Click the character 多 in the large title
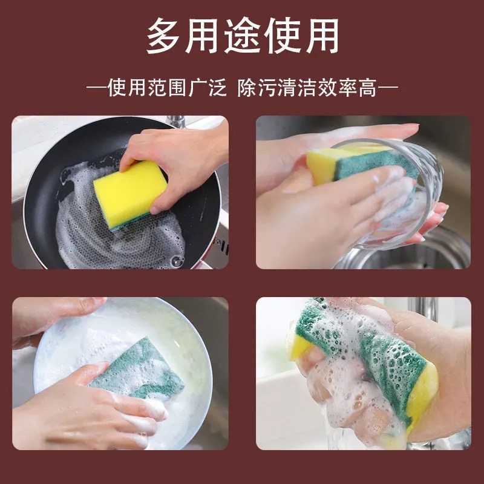click(x=166, y=36)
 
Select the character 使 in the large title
click(x=281, y=36)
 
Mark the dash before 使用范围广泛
click(x=96, y=89)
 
